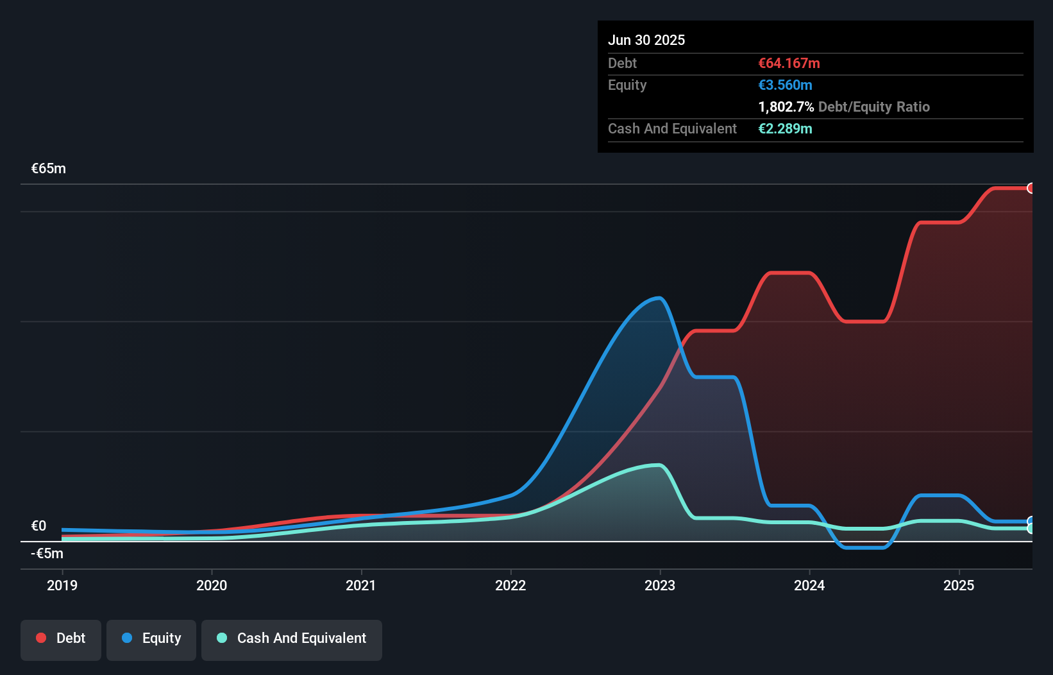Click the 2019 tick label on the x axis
[x=62, y=585]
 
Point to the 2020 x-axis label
[x=212, y=585]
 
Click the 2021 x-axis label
[x=361, y=585]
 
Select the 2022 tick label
[x=510, y=585]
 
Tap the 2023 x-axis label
[x=660, y=585]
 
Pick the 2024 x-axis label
[x=809, y=585]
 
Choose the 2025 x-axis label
[x=959, y=585]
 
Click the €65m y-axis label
[x=49, y=169]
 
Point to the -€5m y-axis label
[x=47, y=553]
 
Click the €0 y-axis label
[x=39, y=526]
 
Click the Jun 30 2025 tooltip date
[x=646, y=40]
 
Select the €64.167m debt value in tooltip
[x=789, y=63]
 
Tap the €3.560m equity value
[x=785, y=85]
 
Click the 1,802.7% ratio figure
[x=786, y=107]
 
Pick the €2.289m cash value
[x=785, y=128]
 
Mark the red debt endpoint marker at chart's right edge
[x=1031, y=188]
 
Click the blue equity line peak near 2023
[x=658, y=298]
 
